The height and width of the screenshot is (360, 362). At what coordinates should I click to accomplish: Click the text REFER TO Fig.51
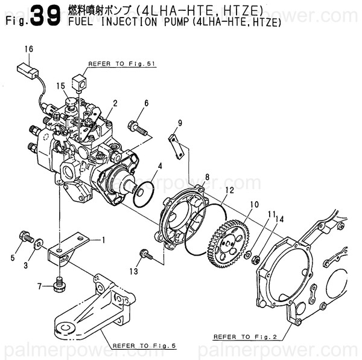click(114, 63)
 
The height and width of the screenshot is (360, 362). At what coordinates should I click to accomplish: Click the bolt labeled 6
click(138, 127)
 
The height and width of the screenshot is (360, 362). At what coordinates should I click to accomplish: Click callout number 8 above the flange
click(206, 177)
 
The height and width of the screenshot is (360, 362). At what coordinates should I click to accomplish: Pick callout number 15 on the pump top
click(60, 86)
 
